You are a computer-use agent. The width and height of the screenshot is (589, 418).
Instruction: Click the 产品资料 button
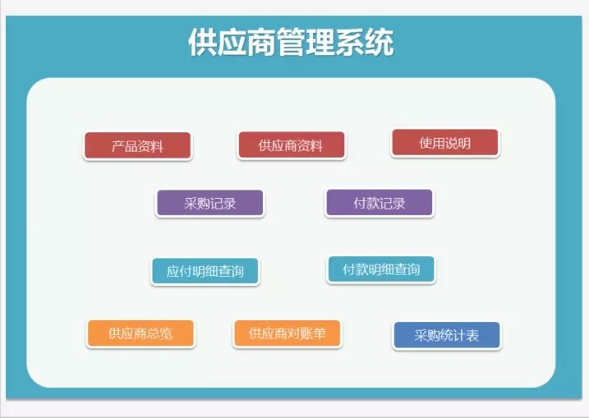[137, 146]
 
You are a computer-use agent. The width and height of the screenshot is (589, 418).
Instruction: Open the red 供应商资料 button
[291, 146]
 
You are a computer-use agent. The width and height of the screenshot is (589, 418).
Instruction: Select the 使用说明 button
[444, 143]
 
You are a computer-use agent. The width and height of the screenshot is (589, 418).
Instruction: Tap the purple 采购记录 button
[209, 204]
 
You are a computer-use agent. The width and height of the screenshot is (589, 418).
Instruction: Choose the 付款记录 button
[379, 204]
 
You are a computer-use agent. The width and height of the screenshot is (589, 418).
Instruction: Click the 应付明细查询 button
[205, 271]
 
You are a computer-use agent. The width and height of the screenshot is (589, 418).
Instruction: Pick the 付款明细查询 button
[380, 269]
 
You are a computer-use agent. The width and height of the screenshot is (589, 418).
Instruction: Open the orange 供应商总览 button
[140, 333]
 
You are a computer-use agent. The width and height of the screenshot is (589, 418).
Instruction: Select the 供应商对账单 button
[287, 333]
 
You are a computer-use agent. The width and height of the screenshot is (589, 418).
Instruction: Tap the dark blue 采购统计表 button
[446, 335]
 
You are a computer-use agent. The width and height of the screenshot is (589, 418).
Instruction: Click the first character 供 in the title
[202, 43]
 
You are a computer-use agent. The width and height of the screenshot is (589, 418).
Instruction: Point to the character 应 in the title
[232, 43]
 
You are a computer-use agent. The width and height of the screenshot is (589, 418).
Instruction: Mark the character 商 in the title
[261, 43]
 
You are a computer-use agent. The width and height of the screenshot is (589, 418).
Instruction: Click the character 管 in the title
[291, 43]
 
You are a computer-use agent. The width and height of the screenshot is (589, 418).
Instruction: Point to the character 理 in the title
[320, 43]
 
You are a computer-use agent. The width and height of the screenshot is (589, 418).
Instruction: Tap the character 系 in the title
[350, 43]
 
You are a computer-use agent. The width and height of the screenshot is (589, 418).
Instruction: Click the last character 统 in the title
[380, 43]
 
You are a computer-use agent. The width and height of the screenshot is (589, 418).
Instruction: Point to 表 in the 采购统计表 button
[472, 335]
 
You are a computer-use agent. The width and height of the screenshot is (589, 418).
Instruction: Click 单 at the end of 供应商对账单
[320, 333]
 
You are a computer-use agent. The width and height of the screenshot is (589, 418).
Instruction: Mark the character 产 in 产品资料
[118, 146]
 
